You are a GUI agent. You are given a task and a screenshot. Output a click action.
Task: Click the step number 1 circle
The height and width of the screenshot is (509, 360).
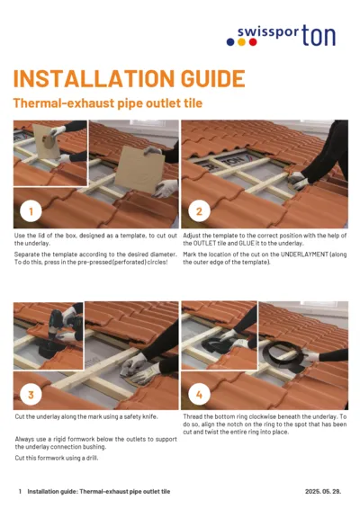click(x=31, y=212)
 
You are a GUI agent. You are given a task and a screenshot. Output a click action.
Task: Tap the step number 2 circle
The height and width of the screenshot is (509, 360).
click(x=198, y=212)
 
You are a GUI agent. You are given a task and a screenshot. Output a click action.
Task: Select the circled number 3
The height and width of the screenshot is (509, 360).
click(x=31, y=395)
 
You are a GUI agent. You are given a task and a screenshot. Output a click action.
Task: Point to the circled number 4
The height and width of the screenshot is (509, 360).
click(x=198, y=395)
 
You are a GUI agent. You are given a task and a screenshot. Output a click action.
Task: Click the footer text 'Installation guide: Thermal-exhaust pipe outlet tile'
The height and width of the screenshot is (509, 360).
click(x=98, y=492)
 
